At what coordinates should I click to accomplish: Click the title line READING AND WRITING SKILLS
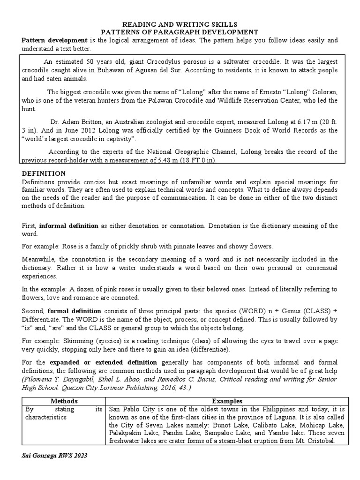(180, 24)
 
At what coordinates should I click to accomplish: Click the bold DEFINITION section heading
(44, 173)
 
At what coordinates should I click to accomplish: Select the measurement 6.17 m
(295, 123)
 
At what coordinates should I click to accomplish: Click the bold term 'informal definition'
(69, 225)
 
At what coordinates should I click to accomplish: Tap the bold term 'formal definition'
(75, 311)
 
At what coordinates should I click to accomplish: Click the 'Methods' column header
(64, 401)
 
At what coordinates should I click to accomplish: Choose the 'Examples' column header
(227, 401)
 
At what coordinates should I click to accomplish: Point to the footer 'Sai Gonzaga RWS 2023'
(54, 455)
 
